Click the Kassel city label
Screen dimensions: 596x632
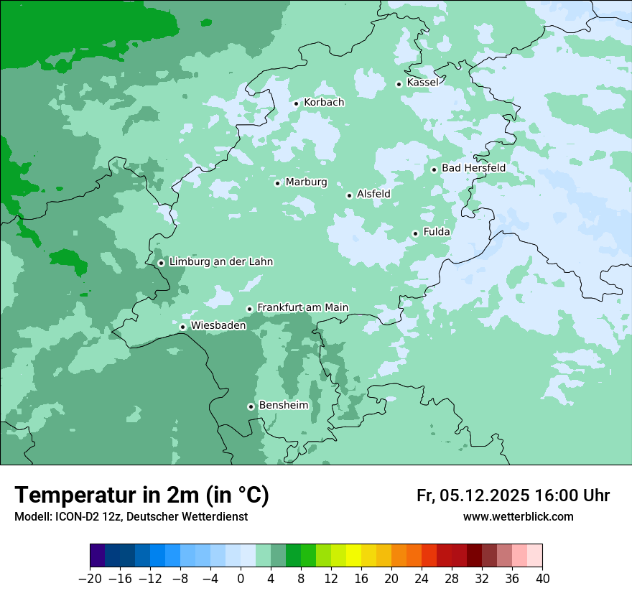tap(422, 83)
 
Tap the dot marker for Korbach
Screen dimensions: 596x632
tap(296, 103)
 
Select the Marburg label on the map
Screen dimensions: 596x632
tap(306, 182)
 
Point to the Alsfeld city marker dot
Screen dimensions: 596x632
tap(349, 195)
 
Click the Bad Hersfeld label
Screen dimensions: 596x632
tap(473, 168)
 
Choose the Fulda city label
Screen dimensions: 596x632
tap(437, 232)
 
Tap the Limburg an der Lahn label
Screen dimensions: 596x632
tap(220, 262)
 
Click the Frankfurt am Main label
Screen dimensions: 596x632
tap(302, 307)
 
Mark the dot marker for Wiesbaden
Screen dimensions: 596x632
tap(182, 327)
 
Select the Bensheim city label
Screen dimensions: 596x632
tap(283, 405)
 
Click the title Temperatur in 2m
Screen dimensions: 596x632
tap(141, 495)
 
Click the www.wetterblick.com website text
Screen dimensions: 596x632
tap(518, 517)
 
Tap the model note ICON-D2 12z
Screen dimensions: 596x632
tap(131, 517)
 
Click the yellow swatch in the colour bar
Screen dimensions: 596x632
tap(354, 556)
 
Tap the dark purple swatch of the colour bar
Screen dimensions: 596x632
tap(98, 556)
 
